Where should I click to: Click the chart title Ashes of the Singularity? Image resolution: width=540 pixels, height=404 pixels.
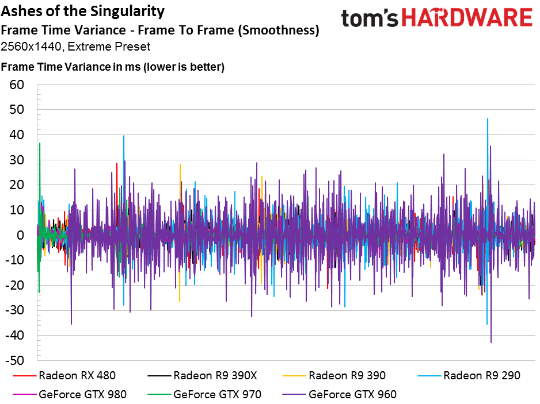pos(83,11)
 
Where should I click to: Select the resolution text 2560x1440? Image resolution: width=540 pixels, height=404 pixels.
pos(31,47)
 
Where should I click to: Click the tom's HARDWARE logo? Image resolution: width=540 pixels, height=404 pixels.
pos(437,18)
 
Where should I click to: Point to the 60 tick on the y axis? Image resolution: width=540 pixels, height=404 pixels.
pos(17,84)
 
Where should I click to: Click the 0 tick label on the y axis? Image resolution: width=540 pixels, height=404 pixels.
pos(20,235)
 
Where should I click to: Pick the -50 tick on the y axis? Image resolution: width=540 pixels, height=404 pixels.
pos(15,360)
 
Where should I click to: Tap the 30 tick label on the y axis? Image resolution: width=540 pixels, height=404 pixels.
pos(17,160)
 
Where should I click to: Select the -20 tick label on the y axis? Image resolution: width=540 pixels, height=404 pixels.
pos(15,285)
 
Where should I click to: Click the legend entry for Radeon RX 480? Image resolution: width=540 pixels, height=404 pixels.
pos(64,375)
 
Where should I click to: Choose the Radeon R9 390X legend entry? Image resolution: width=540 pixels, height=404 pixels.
pos(202,375)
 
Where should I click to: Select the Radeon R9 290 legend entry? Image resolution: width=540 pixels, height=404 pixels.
pos(469,375)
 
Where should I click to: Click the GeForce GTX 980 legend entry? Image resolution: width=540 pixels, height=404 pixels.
pos(70,394)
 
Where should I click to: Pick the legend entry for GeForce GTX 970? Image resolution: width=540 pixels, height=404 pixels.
pos(204,394)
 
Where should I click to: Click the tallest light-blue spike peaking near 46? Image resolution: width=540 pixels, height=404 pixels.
pos(487,119)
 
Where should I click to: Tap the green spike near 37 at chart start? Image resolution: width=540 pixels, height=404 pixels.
pos(40,143)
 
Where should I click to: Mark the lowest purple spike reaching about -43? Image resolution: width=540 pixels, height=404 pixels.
pos(490,342)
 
